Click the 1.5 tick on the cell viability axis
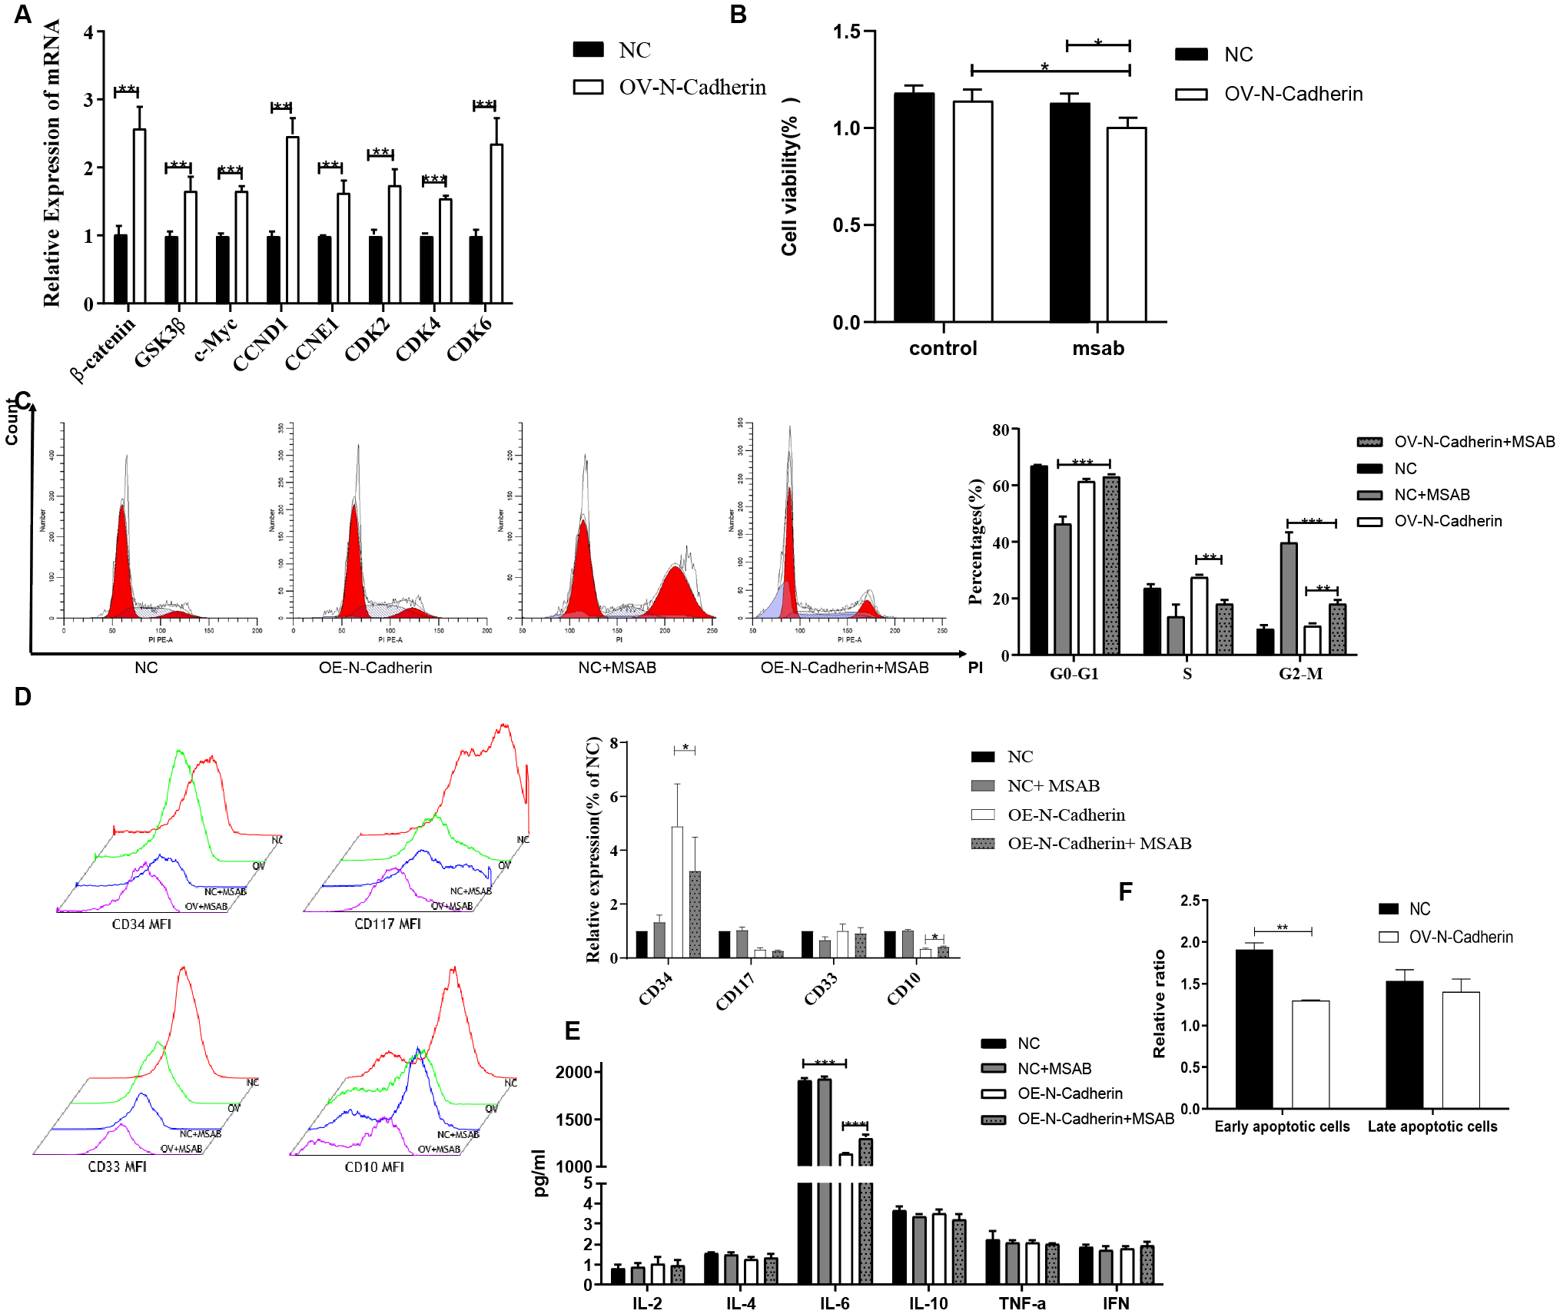click(x=846, y=32)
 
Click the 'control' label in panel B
click(x=942, y=348)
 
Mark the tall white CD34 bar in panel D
click(x=677, y=891)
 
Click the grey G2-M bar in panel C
click(x=1288, y=599)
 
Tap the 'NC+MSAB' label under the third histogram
click(x=616, y=668)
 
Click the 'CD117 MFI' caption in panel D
click(x=387, y=924)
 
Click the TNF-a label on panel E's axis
click(x=1021, y=1303)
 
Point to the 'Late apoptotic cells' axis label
click(x=1432, y=1127)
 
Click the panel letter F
click(x=1125, y=891)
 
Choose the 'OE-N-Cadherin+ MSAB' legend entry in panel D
click(x=1099, y=844)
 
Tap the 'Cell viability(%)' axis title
click(x=790, y=177)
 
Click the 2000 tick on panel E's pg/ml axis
click(x=573, y=1072)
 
